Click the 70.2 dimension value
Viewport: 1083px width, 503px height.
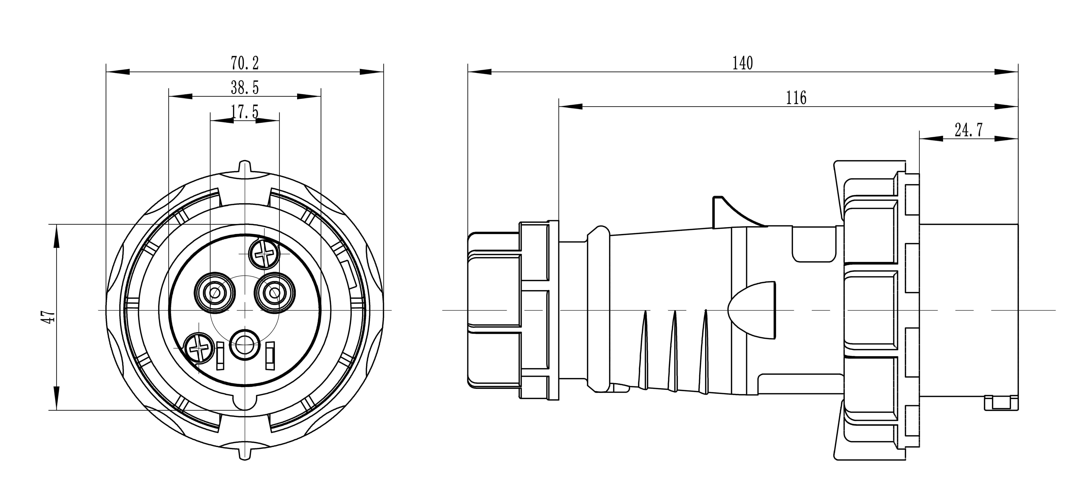(x=245, y=63)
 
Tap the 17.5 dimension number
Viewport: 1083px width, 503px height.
(x=245, y=112)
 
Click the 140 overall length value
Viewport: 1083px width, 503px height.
(x=742, y=63)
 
